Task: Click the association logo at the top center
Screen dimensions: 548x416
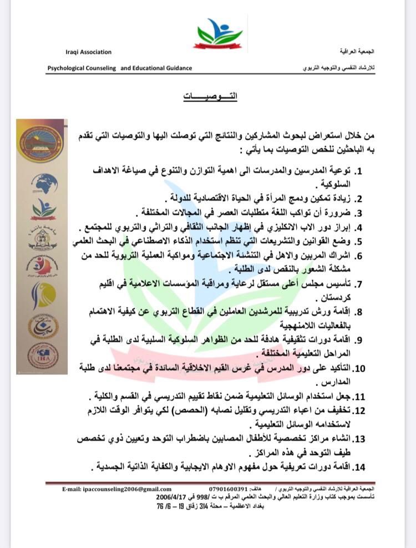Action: [218, 33]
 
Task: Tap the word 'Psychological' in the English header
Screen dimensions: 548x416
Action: [82, 68]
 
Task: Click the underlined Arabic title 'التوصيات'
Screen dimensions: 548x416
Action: [209, 96]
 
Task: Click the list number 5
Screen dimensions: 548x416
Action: [359, 241]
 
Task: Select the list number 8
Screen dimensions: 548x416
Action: [359, 313]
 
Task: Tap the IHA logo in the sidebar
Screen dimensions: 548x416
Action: [43, 356]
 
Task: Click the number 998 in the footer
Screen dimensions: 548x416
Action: [199, 498]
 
